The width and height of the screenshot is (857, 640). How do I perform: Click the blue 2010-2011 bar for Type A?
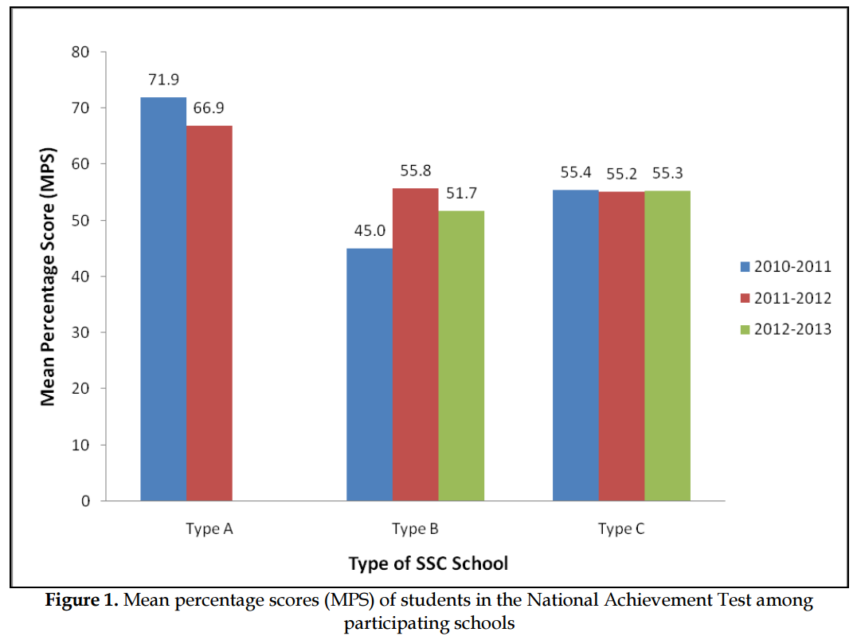pos(163,299)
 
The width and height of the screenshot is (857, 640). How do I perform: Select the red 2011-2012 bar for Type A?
pos(209,313)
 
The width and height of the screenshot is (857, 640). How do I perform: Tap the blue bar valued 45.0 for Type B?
pos(370,375)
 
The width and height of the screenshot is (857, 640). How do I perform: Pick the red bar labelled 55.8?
pos(415,344)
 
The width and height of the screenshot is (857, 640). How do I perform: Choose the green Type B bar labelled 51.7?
pos(461,355)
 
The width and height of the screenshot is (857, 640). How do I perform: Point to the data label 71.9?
pos(162,80)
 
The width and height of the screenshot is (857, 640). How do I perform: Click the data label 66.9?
pos(209,108)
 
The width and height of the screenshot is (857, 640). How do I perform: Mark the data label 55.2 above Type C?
pos(622,172)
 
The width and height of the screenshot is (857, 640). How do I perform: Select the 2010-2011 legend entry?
pos(785,266)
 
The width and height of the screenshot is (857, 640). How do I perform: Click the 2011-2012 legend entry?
pos(785,298)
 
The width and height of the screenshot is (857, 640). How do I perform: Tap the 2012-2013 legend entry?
pos(785,329)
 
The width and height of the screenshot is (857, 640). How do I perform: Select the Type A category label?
pos(208,528)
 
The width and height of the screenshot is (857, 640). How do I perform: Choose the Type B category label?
pos(414,528)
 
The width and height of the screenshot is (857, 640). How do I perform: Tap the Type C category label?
pos(620,528)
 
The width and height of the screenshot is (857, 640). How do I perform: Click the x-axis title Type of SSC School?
pos(428,563)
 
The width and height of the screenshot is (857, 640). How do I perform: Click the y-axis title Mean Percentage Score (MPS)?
pos(49,276)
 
